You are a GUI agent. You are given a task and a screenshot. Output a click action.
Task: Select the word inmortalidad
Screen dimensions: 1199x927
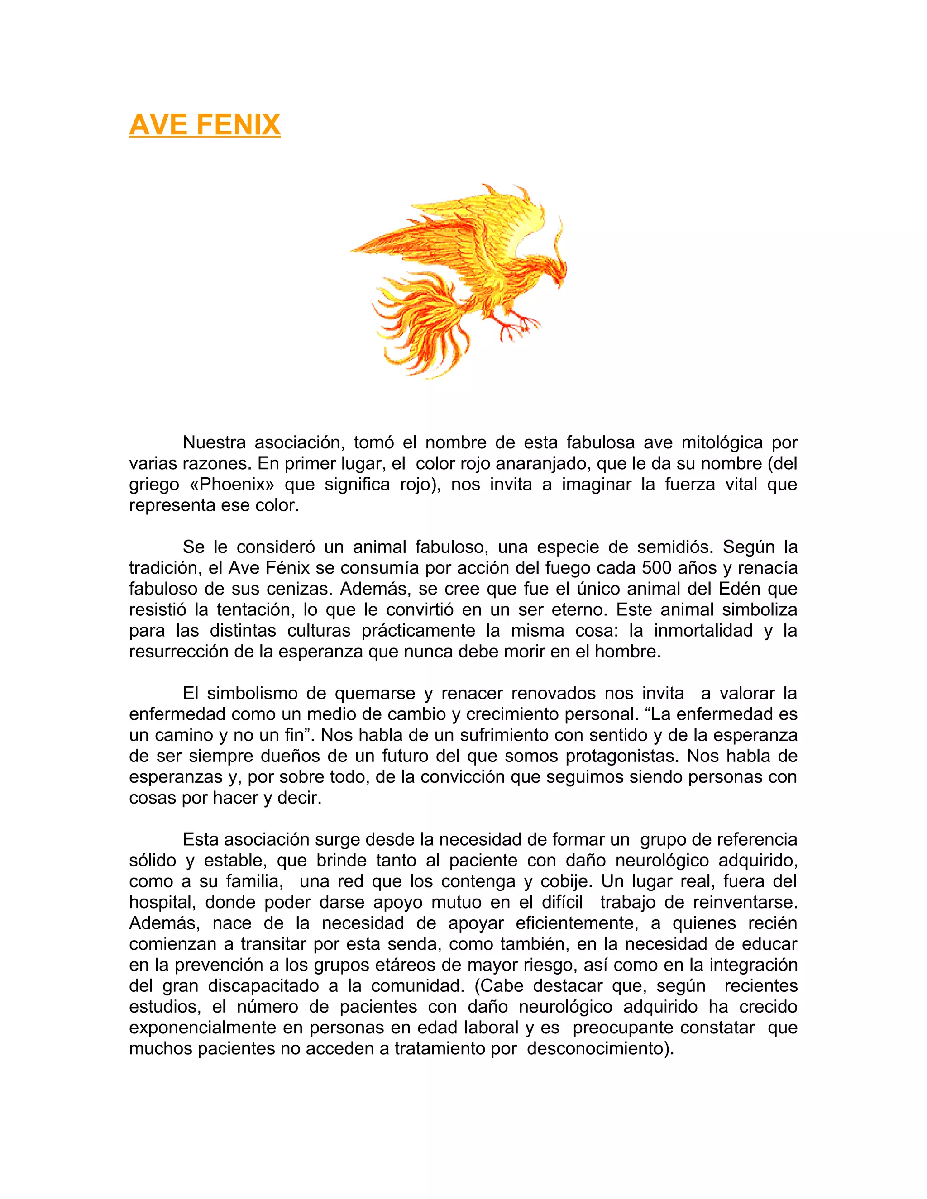pos(703,630)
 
